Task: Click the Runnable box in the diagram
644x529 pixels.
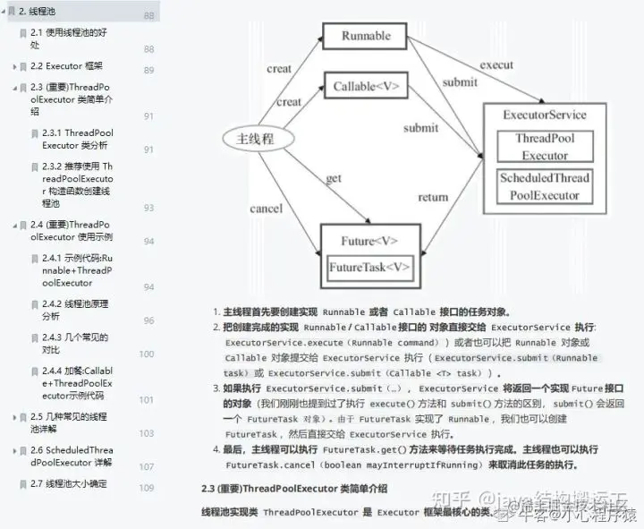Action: tap(367, 36)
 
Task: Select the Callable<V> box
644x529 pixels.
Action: tap(366, 87)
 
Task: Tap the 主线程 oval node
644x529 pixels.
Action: tap(255, 139)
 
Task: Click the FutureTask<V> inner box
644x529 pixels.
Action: tap(369, 268)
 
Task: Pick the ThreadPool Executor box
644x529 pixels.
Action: tap(545, 147)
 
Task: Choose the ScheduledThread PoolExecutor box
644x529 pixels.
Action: tap(545, 185)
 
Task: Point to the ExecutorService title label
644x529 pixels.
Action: tap(545, 115)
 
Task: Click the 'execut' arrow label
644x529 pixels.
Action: tap(496, 64)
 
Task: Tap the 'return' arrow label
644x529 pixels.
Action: tap(433, 197)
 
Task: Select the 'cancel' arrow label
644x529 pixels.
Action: tap(266, 209)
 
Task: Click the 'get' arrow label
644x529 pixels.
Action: tap(334, 178)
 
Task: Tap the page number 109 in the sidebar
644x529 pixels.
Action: tap(147, 488)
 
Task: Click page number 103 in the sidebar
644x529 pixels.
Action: tap(147, 433)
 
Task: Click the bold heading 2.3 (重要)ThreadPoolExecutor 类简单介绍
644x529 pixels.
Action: tap(294, 488)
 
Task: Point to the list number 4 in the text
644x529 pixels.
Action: tap(216, 448)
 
